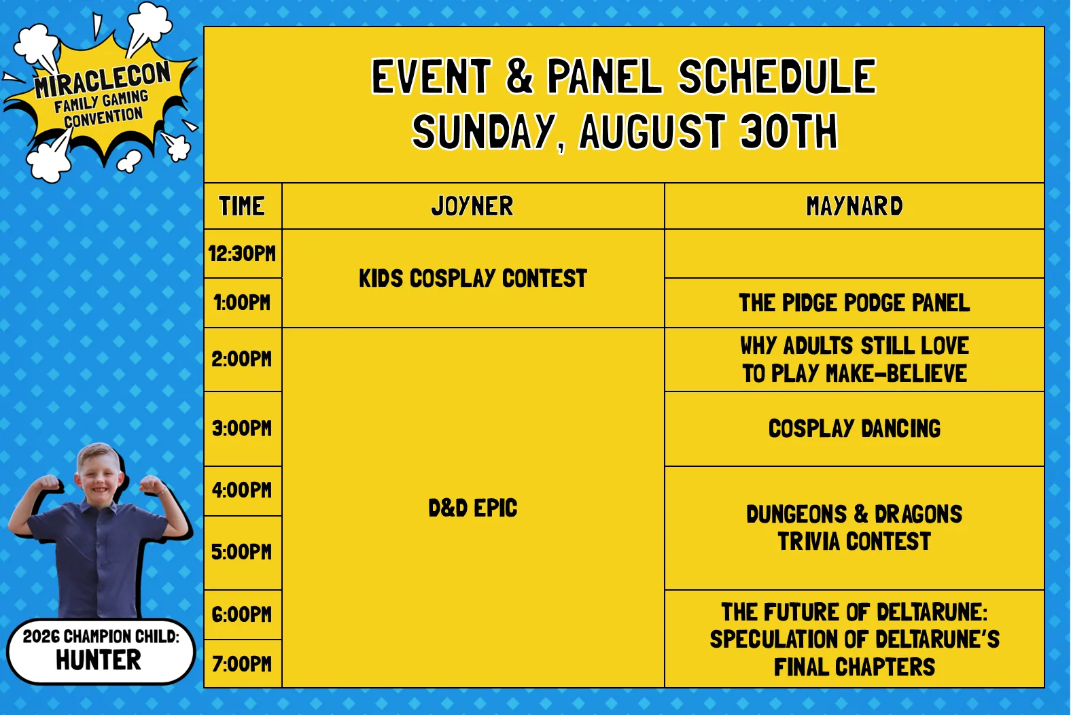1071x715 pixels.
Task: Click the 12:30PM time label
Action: click(x=242, y=254)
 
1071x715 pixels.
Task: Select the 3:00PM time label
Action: click(x=242, y=428)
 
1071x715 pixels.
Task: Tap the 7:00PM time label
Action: click(x=242, y=664)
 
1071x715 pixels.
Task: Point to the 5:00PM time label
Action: click(x=241, y=552)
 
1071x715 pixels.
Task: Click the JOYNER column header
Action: click(x=472, y=206)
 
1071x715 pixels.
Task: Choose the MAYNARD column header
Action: click(x=854, y=206)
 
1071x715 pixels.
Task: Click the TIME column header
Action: click(x=242, y=206)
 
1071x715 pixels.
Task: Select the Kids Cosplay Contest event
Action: click(x=473, y=279)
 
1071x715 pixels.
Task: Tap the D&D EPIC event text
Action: click(x=473, y=508)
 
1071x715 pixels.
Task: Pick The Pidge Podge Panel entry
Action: click(x=854, y=302)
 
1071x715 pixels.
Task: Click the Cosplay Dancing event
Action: click(x=854, y=428)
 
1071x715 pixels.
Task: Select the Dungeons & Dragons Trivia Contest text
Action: click(x=854, y=527)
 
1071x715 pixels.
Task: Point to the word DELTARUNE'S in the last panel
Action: click(x=938, y=640)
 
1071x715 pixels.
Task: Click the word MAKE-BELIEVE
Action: click(x=896, y=374)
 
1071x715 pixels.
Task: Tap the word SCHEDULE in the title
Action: click(x=777, y=77)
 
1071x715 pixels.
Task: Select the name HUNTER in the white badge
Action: click(x=99, y=660)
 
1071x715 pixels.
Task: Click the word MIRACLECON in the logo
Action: click(x=103, y=79)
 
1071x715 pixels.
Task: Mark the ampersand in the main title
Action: click(x=519, y=77)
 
